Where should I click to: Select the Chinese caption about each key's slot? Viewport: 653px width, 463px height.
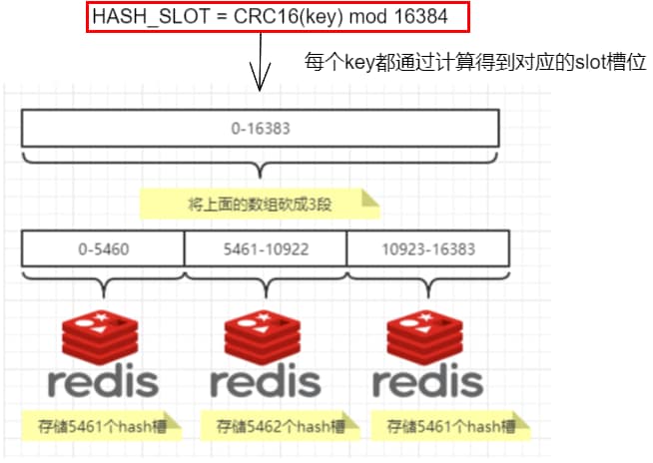[x=475, y=62]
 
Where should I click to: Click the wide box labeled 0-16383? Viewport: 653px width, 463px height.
[x=260, y=128]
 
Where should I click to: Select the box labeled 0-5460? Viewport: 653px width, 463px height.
[x=102, y=247]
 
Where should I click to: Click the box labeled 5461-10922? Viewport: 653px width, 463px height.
[x=266, y=247]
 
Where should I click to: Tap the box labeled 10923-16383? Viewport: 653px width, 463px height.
[x=427, y=247]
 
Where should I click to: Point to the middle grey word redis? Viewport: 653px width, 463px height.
[x=266, y=381]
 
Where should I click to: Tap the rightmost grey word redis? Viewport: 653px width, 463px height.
[x=427, y=381]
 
